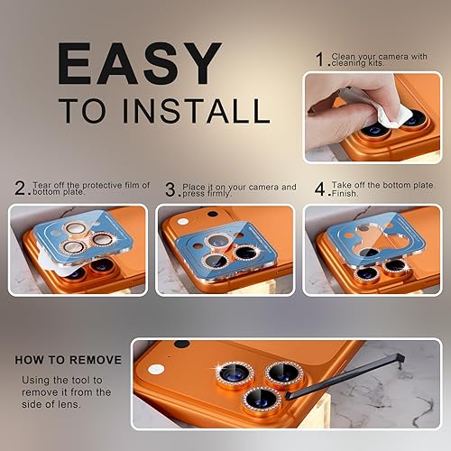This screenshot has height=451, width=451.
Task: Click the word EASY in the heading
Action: (139, 64)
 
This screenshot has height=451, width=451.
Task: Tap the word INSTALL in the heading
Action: (201, 111)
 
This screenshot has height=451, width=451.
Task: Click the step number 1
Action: (321, 60)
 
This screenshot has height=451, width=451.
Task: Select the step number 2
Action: (21, 189)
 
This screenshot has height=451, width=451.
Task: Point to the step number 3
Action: (170, 190)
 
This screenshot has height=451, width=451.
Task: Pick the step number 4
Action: (318, 190)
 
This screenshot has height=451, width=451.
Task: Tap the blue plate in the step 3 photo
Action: (225, 230)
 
